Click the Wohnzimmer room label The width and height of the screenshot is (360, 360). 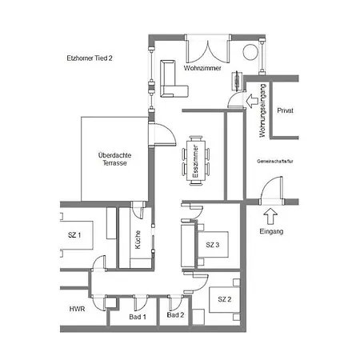click(x=202, y=68)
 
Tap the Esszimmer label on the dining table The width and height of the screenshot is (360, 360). click(x=196, y=162)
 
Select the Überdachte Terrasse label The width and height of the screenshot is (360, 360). click(x=114, y=159)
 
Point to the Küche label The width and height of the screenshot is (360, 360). click(x=138, y=239)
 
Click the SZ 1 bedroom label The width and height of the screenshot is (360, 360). click(x=74, y=235)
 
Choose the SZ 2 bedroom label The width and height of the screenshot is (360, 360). click(x=225, y=299)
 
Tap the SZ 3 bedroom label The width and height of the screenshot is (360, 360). click(x=213, y=245)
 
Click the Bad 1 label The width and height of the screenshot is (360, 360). click(x=138, y=317)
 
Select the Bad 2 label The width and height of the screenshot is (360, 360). click(x=175, y=315)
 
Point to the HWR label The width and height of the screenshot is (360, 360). click(x=77, y=309)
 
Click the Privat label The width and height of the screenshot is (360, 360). click(x=285, y=110)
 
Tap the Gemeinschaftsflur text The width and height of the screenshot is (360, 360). click(x=275, y=162)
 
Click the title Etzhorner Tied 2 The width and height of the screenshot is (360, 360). click(x=90, y=58)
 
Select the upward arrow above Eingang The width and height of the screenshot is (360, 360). click(x=270, y=216)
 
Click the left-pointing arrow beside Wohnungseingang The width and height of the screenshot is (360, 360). click(x=252, y=101)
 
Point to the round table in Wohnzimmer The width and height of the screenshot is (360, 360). click(x=250, y=52)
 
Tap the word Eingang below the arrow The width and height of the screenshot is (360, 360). click(x=271, y=231)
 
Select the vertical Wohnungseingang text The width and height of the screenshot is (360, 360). click(x=262, y=110)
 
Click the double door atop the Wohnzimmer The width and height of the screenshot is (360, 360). click(x=208, y=50)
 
